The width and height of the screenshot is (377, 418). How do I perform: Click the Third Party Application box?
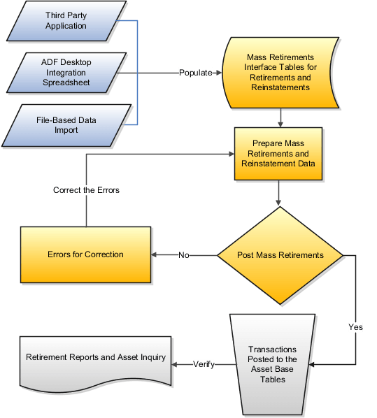66,20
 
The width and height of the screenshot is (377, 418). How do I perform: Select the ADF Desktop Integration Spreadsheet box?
66,73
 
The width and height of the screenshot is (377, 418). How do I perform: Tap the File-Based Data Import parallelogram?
66,124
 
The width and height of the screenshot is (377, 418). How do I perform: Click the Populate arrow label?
196,73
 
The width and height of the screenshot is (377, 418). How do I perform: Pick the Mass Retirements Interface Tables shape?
280,73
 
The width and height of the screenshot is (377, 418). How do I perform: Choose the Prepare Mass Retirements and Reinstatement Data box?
279,153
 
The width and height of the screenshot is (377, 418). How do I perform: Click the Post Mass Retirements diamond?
280,255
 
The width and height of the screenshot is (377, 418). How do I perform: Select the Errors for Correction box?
86,254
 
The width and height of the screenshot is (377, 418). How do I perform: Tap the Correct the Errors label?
86,190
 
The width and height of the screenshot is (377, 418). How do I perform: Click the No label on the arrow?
184,255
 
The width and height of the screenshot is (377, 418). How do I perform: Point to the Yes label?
355,327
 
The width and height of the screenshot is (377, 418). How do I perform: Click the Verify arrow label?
204,364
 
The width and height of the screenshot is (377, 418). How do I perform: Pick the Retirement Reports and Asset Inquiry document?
96,360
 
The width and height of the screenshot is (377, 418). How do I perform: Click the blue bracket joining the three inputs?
138,73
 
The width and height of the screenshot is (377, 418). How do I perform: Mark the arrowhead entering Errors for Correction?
156,255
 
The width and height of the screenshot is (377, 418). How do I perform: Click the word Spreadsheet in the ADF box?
66,82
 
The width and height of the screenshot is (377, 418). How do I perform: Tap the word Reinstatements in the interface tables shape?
280,87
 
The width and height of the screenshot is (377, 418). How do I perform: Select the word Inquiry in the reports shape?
152,357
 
